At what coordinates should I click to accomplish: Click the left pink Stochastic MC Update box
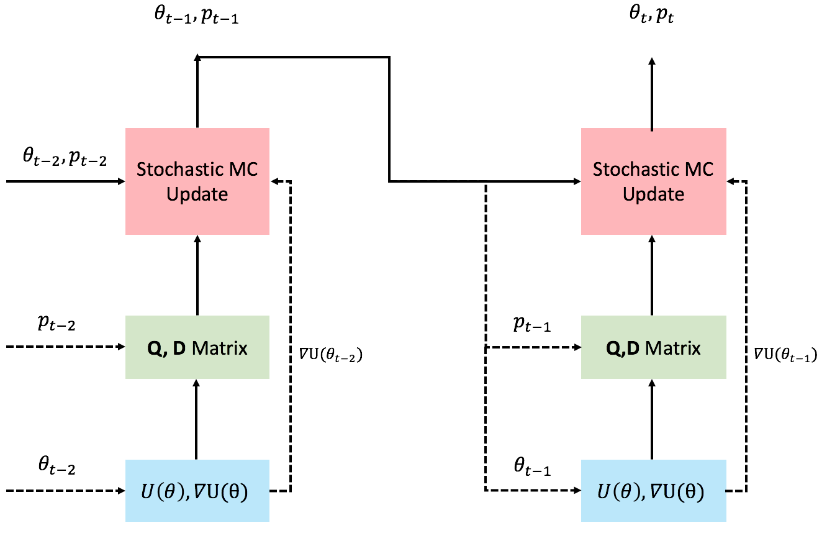[197, 181]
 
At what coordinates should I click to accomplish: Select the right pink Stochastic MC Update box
[654, 181]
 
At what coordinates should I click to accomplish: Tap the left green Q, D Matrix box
[197, 347]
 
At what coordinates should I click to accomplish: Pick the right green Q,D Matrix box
[654, 347]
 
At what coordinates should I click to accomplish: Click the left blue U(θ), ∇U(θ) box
[197, 491]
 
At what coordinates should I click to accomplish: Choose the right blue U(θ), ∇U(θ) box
[654, 491]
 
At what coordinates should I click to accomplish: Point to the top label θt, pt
[652, 15]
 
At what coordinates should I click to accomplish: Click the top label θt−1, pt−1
[196, 16]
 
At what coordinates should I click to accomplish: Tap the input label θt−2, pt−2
[65, 157]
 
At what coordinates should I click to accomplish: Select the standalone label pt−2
[56, 324]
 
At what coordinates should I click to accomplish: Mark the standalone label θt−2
[56, 465]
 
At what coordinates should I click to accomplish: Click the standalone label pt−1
[532, 324]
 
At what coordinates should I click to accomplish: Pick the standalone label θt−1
[532, 466]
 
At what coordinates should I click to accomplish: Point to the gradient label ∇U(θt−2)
[331, 355]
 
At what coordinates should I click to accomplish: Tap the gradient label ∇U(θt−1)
[785, 355]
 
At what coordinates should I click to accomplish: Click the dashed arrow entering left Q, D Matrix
[66, 347]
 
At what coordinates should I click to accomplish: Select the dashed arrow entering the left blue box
[66, 491]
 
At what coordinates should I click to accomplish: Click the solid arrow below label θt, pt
[652, 94]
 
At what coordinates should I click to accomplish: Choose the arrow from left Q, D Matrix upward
[197, 275]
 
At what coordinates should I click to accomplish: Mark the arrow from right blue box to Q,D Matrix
[652, 419]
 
